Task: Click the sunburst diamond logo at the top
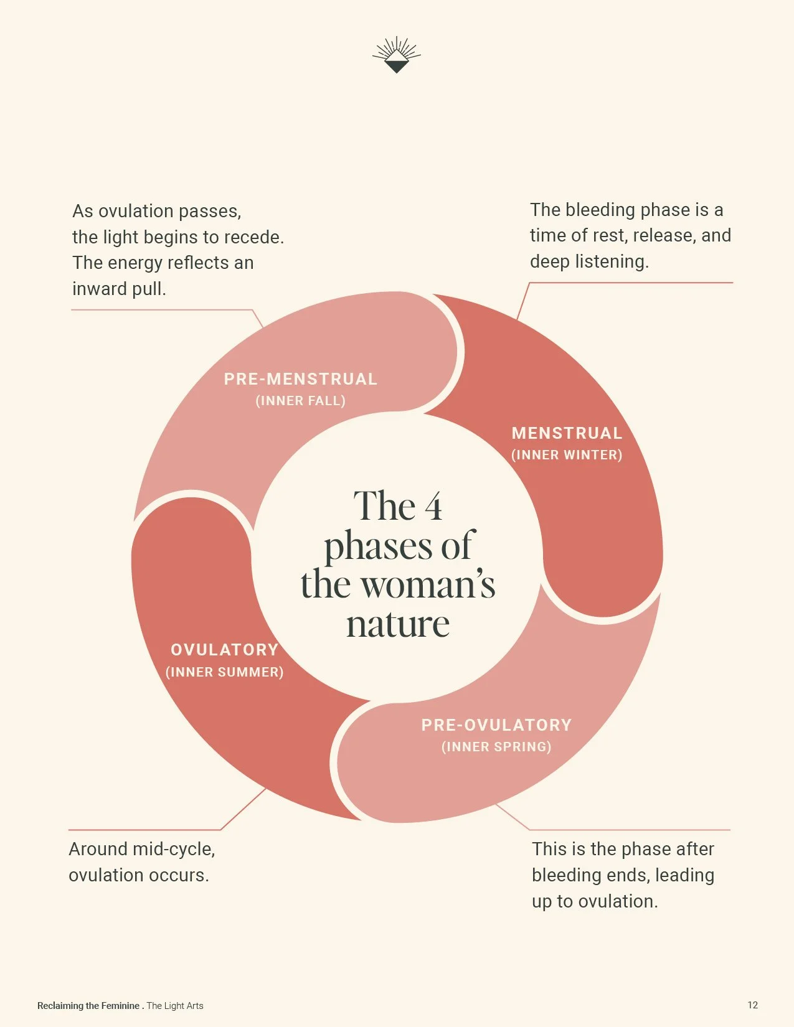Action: click(x=397, y=55)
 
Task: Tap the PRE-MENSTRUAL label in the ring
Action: click(x=301, y=379)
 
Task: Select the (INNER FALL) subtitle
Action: click(x=301, y=401)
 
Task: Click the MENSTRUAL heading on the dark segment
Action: click(x=567, y=433)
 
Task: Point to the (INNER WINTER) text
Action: click(x=567, y=455)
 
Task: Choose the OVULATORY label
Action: click(x=224, y=650)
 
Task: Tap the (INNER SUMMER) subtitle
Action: click(x=224, y=672)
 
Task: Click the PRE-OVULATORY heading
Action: click(x=496, y=725)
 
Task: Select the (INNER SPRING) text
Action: click(x=496, y=747)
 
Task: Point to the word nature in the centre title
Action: click(x=398, y=624)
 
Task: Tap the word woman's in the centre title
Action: click(x=428, y=585)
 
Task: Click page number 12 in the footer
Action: click(x=753, y=1005)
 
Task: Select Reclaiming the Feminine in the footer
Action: click(x=88, y=1006)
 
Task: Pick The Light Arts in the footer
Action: click(x=175, y=1006)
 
